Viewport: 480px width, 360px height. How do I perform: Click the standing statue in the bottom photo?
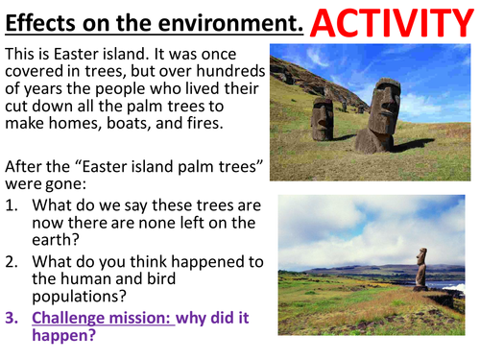pyautogui.click(x=420, y=268)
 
